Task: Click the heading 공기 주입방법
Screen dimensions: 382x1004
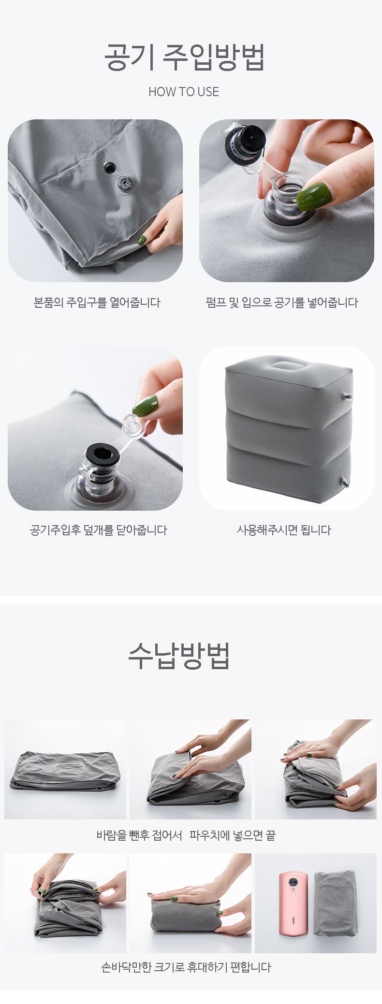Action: [x=184, y=57]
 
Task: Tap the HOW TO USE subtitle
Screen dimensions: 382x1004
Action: [x=184, y=92]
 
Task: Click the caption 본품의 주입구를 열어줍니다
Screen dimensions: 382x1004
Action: [x=97, y=303]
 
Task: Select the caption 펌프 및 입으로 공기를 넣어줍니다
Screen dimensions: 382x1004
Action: [x=282, y=303]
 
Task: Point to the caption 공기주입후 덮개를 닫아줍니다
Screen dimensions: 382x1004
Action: [x=99, y=530]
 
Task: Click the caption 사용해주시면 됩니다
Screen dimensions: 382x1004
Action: [x=284, y=530]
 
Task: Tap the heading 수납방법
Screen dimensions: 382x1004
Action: [x=179, y=656]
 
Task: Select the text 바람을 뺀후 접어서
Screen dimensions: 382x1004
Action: [x=139, y=835]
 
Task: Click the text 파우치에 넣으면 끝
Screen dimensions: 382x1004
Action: [x=233, y=835]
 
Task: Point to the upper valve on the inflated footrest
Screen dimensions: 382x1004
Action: [x=346, y=397]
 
